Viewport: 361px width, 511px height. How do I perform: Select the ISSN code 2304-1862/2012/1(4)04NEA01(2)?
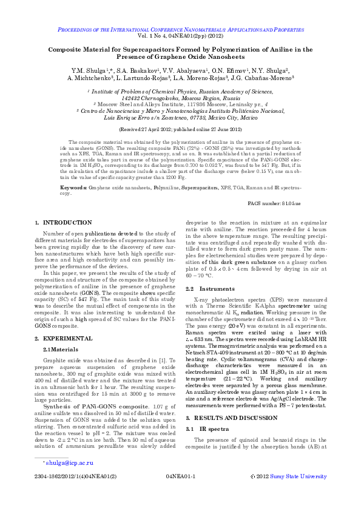[x=76, y=493]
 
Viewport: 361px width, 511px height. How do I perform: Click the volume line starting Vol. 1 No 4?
[x=180, y=36]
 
